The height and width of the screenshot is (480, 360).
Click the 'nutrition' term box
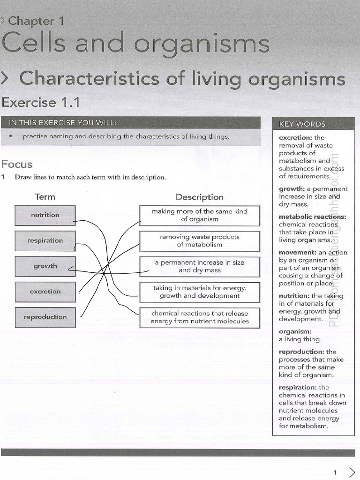pyautogui.click(x=45, y=216)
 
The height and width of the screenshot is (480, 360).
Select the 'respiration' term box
pyautogui.click(x=45, y=241)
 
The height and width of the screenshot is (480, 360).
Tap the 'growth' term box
pyautogui.click(x=45, y=266)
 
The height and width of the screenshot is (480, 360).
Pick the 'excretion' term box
pyautogui.click(x=45, y=292)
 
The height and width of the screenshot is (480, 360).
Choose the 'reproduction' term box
pyautogui.click(x=45, y=317)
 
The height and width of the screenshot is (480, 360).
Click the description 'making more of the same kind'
pyautogui.click(x=200, y=216)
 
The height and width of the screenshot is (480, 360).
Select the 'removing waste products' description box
pyautogui.click(x=200, y=241)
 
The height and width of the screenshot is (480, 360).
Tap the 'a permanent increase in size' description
pyautogui.click(x=200, y=267)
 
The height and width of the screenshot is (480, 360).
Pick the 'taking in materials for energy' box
pyautogui.click(x=200, y=292)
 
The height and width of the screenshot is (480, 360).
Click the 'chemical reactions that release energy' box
pyautogui.click(x=200, y=318)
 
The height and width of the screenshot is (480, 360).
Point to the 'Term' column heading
pyautogui.click(x=45, y=197)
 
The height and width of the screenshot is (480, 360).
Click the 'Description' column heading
pyautogui.click(x=200, y=197)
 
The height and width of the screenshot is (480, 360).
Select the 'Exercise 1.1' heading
pyautogui.click(x=40, y=103)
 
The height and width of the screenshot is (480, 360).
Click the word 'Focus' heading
pyautogui.click(x=17, y=165)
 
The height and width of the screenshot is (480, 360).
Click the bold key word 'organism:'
pyautogui.click(x=295, y=331)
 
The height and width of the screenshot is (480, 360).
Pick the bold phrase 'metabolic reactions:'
pyautogui.click(x=313, y=217)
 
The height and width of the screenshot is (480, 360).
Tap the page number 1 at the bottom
pyautogui.click(x=335, y=472)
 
